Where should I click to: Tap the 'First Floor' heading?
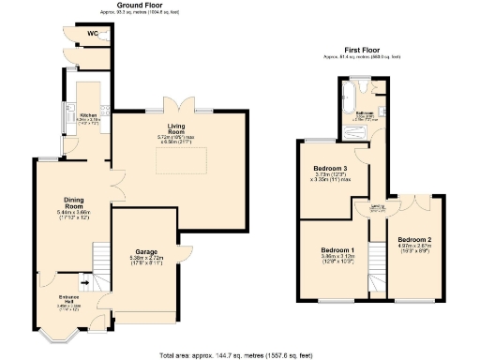tap(367, 49)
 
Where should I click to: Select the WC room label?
tap(93, 34)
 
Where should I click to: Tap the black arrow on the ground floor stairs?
tap(83, 279)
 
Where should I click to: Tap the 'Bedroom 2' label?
tap(412, 240)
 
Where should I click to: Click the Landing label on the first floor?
tap(378, 208)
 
